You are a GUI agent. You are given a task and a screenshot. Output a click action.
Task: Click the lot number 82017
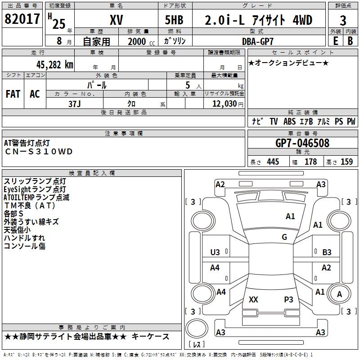point(22,20)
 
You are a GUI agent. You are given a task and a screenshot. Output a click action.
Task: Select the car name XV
point(116,20)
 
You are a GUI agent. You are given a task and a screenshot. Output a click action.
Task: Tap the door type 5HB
point(174,20)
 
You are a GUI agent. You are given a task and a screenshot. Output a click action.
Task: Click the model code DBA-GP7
point(257,41)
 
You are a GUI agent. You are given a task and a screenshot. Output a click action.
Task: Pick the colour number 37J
point(75,103)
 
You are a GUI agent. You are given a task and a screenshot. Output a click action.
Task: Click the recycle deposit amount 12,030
point(224,103)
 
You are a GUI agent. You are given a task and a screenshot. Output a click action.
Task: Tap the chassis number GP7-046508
point(302,143)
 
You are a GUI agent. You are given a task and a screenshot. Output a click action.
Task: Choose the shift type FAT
point(13,94)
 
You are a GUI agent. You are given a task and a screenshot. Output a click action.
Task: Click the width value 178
point(310,162)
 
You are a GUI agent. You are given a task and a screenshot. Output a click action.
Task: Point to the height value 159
point(346,162)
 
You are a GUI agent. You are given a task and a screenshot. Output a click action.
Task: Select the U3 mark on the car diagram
point(215,252)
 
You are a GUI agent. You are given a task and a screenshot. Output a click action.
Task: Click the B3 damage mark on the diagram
point(327,252)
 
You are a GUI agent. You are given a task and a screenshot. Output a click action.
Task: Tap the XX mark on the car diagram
point(253,299)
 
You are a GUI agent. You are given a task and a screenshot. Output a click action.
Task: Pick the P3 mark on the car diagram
point(288,299)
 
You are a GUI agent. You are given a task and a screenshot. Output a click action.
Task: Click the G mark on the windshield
point(284,237)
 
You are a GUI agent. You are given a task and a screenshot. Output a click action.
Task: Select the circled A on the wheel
point(340,295)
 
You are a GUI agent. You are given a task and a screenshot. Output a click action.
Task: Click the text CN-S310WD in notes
point(38,152)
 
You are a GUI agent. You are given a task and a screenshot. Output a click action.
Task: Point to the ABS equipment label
point(290,121)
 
